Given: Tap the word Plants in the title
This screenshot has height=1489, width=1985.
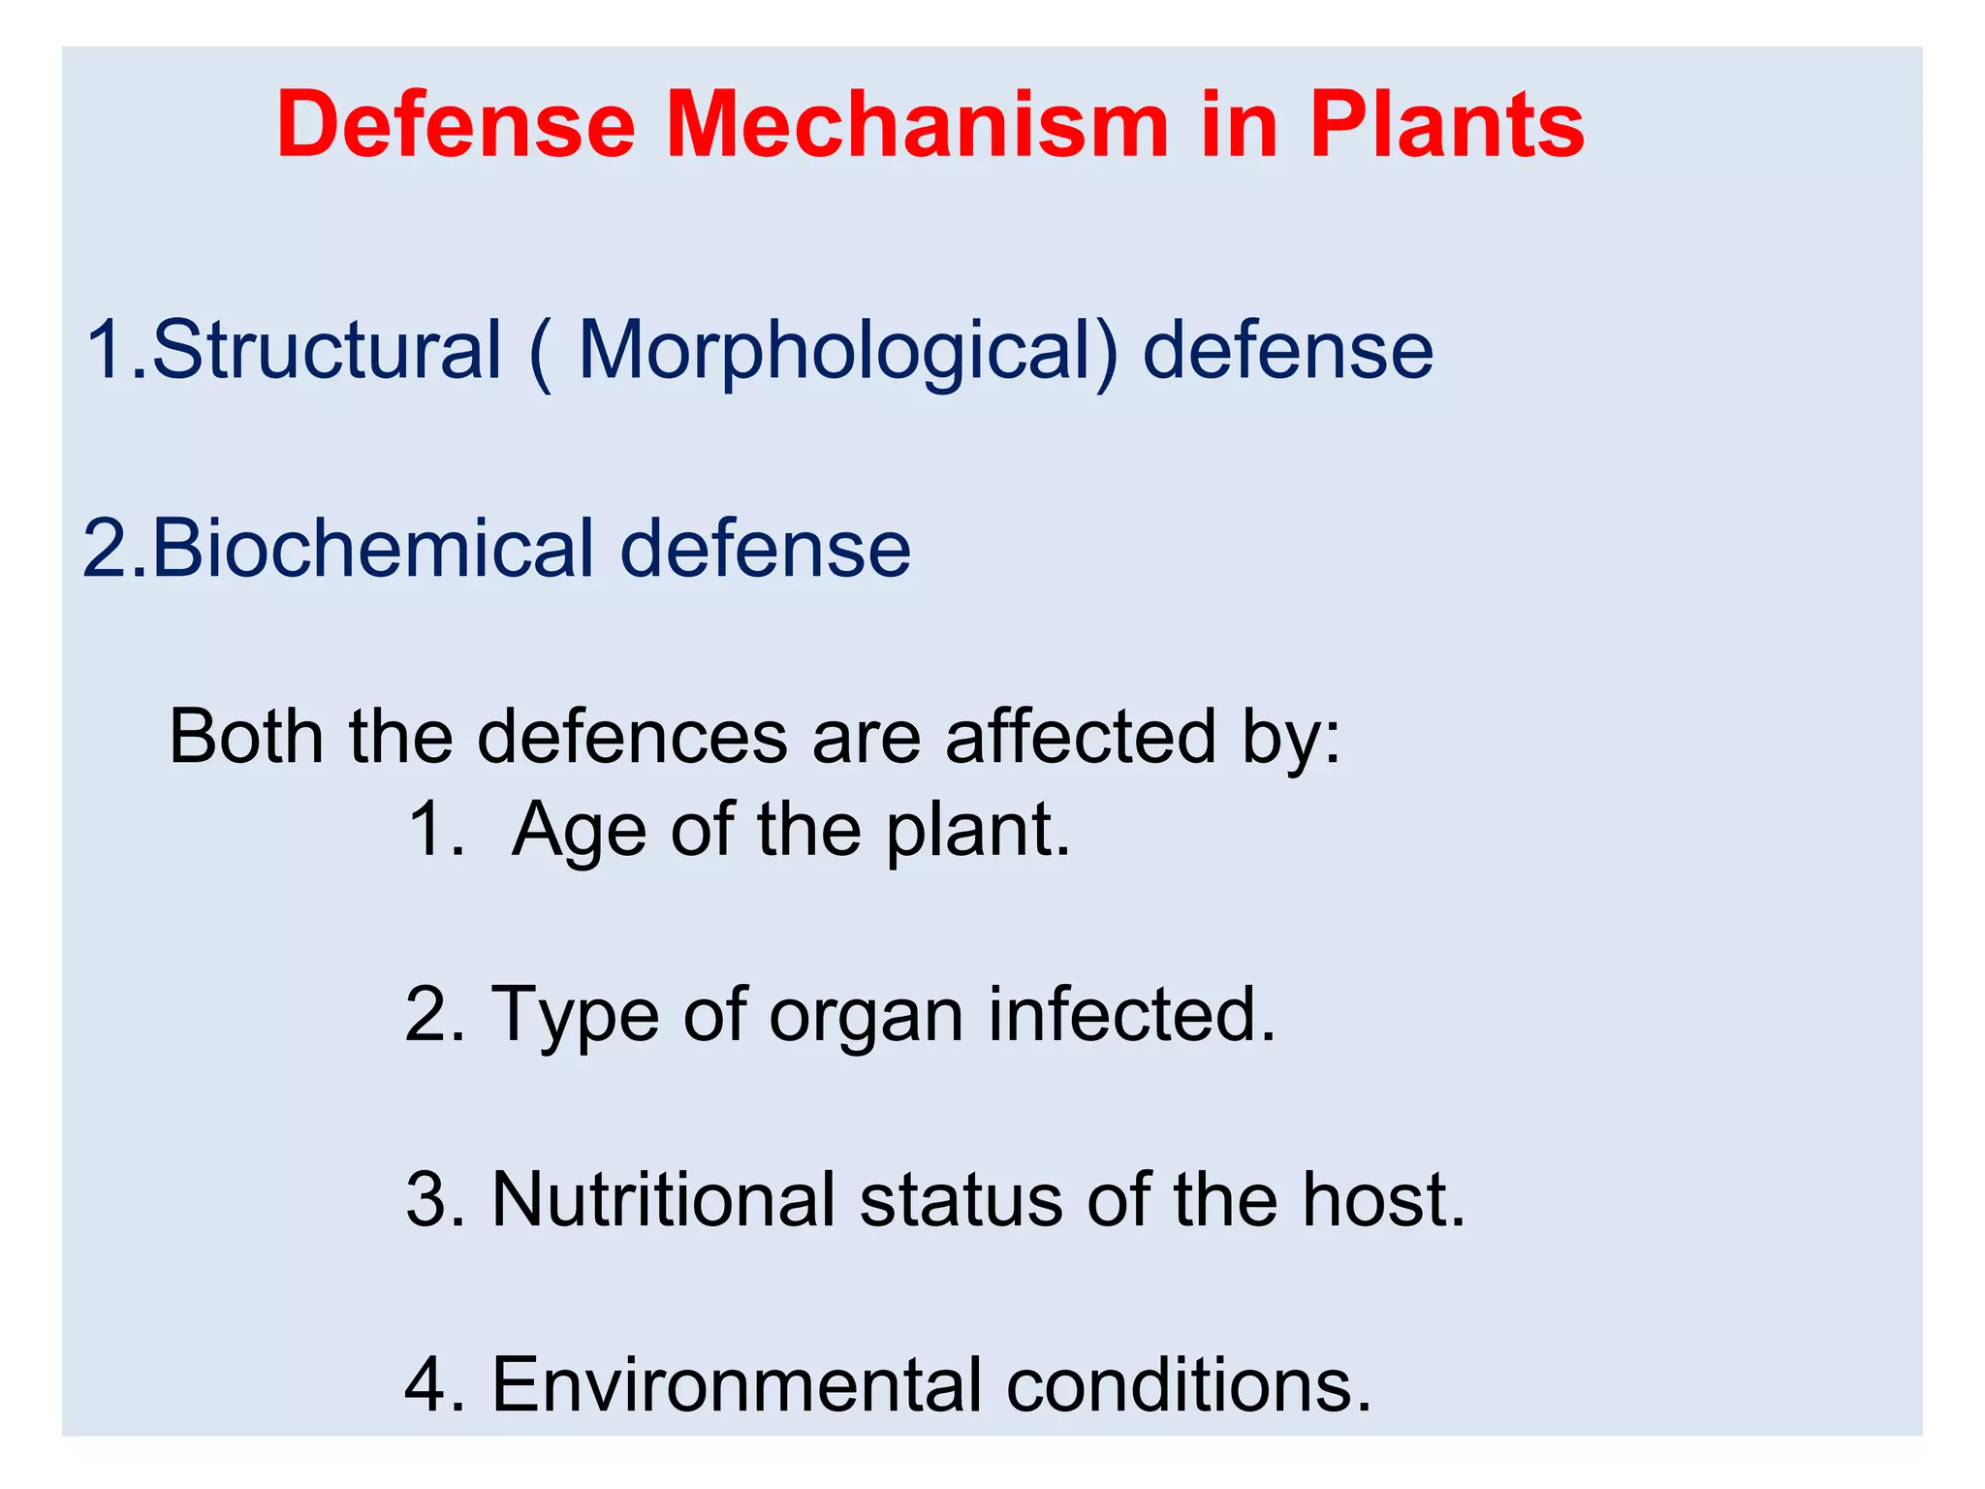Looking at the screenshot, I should [1446, 125].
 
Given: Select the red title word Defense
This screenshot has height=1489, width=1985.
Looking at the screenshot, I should [456, 125].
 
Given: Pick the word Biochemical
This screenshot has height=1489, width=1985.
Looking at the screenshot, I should [372, 549].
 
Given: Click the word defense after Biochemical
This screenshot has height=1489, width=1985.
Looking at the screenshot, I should [766, 549].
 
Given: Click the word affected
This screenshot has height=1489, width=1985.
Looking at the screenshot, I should [1080, 737].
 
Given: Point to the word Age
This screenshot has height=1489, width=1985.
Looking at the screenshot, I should [579, 832].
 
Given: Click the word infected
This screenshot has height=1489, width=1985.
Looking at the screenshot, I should [1131, 1014].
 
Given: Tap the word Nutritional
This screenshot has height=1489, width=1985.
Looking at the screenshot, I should [663, 1199].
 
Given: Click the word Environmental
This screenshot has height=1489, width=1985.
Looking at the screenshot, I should [737, 1384].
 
